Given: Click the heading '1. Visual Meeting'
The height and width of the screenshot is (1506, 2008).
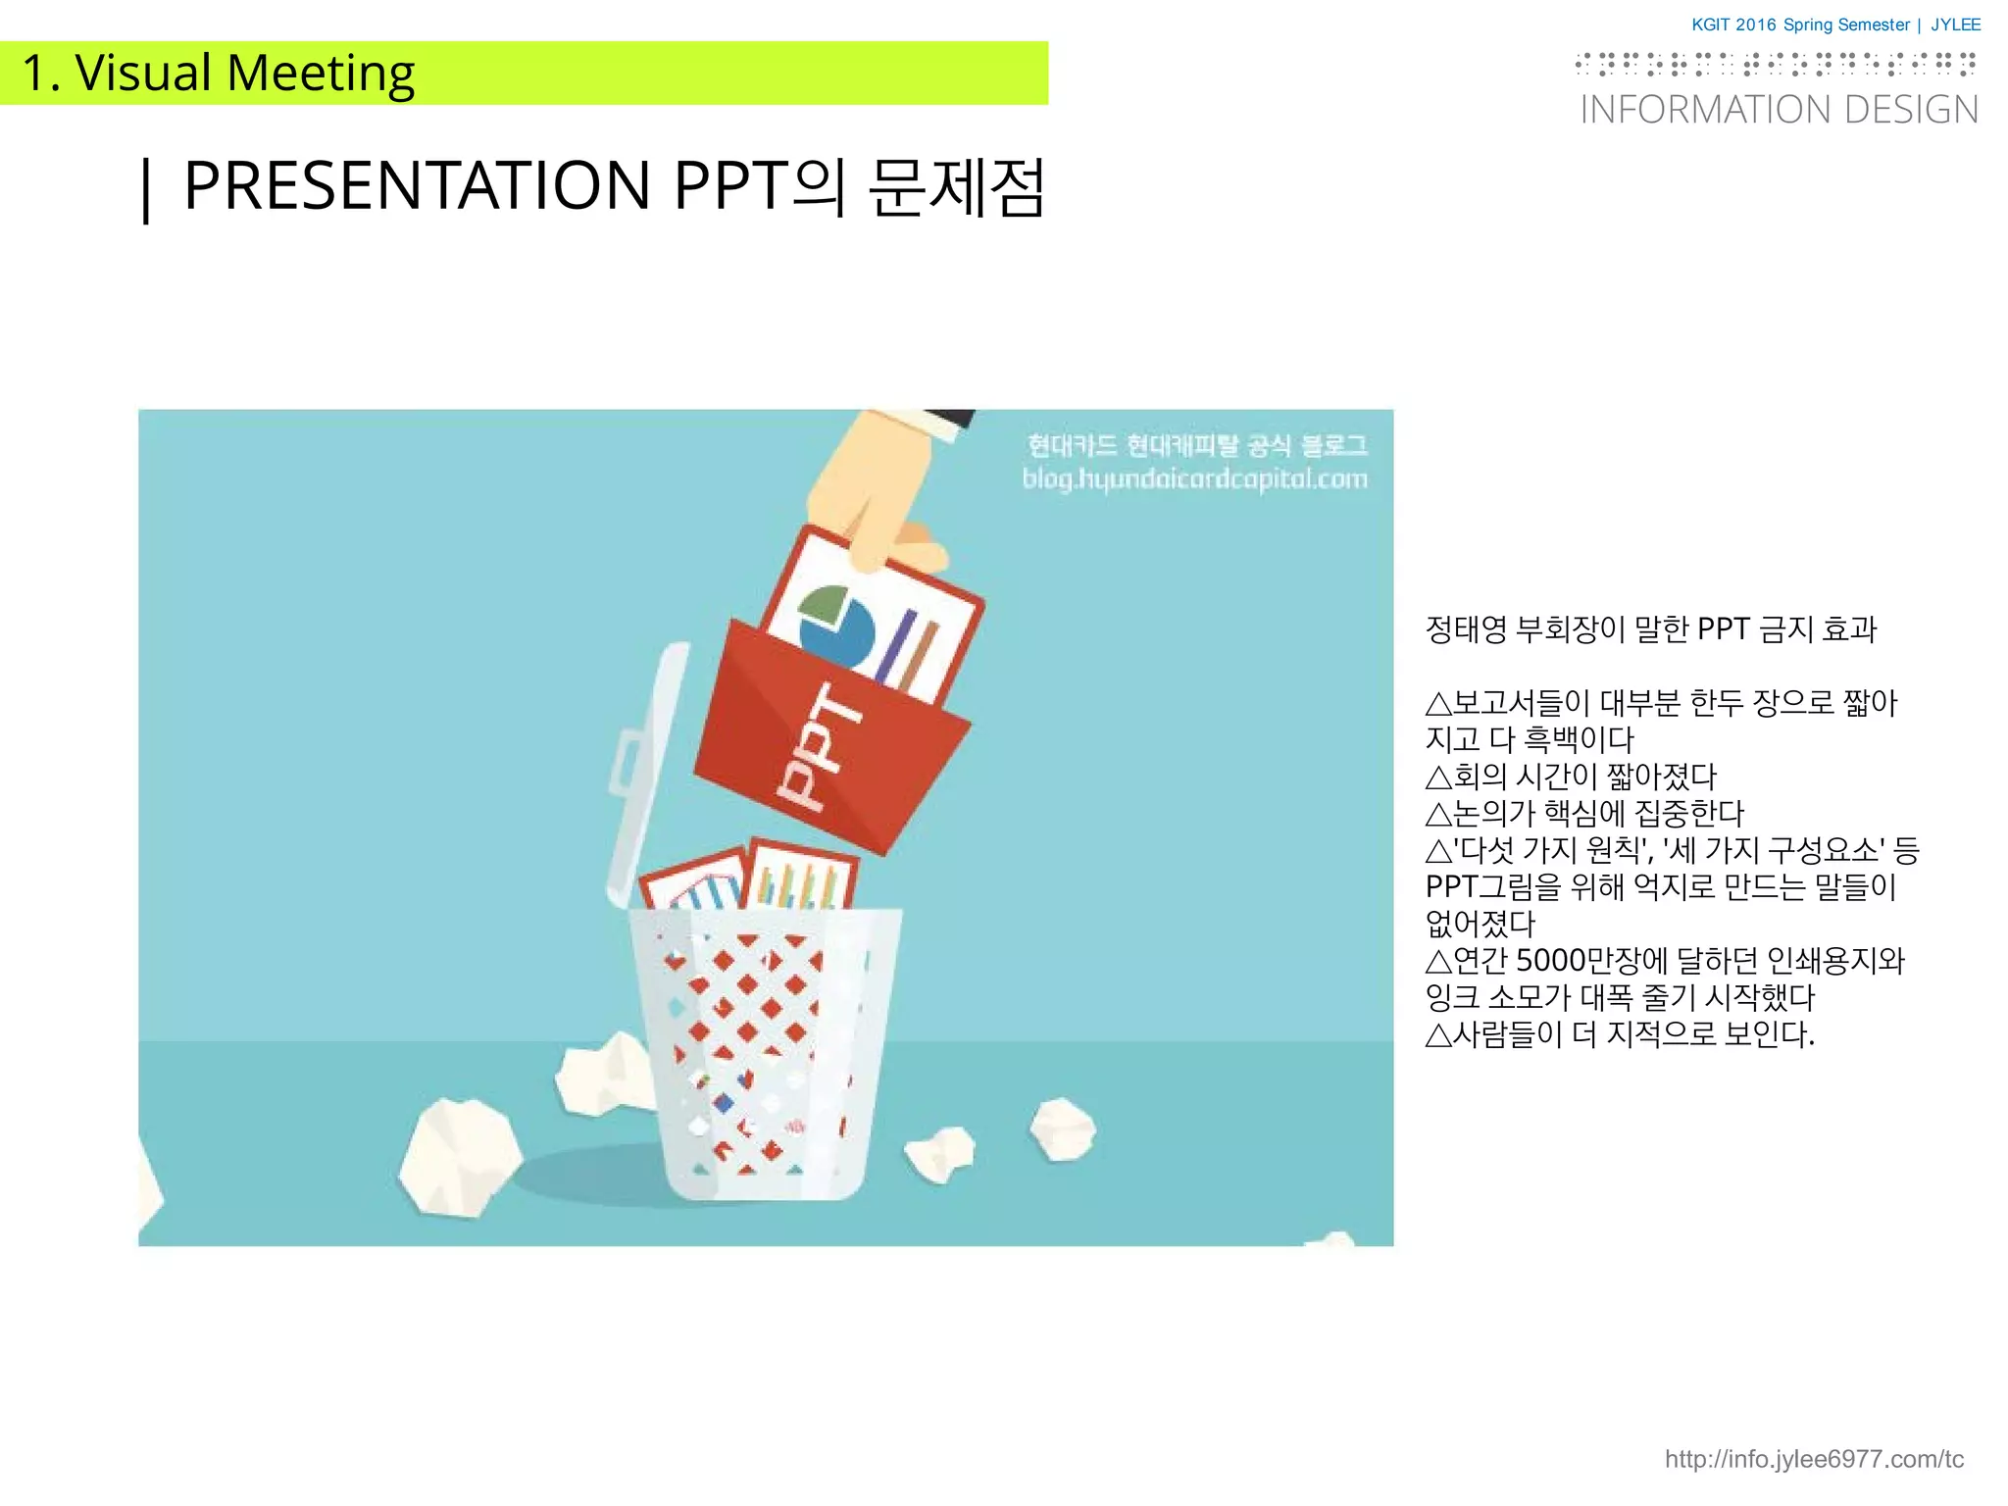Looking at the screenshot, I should [218, 74].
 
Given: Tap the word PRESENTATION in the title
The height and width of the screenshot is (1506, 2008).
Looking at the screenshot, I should [417, 185].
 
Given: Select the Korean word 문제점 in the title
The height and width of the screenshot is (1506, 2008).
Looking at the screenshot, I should [956, 187].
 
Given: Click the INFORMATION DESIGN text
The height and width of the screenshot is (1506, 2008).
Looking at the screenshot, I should [1779, 110].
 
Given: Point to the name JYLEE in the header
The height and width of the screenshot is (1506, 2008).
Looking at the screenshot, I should [1955, 25].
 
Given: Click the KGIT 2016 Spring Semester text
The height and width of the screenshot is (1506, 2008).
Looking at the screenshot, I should [1800, 25].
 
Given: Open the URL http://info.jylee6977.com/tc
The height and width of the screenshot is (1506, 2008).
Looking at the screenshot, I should [1814, 1459].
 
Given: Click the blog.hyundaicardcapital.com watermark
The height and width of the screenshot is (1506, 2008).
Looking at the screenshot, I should [1194, 479].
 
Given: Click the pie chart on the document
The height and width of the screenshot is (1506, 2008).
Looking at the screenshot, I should [835, 626].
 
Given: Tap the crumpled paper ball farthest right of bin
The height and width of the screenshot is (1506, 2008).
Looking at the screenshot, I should [1063, 1128].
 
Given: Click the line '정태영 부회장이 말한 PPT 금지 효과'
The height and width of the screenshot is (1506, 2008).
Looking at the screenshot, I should [1650, 629].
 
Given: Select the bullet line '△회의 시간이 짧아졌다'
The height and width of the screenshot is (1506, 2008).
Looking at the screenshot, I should [1571, 777].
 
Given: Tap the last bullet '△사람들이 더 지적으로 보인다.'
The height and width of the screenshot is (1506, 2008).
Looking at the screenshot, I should [1620, 1033].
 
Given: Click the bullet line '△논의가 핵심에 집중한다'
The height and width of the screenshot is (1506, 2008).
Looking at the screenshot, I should [1584, 813].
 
